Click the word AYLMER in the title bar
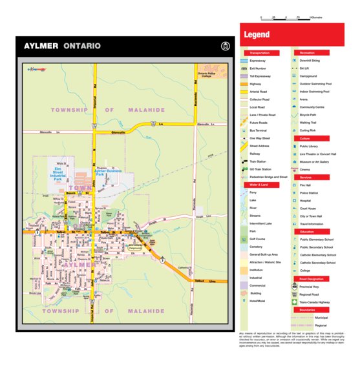pyautogui.click(x=41, y=46)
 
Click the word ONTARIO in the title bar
pyautogui.click(x=81, y=46)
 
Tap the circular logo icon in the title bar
pyautogui.click(x=225, y=46)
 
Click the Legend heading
pyautogui.click(x=257, y=35)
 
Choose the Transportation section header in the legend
pyautogui.click(x=260, y=53)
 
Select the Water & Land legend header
pyautogui.click(x=258, y=185)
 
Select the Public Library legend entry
pyautogui.click(x=312, y=147)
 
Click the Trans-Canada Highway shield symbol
pyautogui.click(x=295, y=302)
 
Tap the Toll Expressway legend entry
pyautogui.click(x=262, y=76)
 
